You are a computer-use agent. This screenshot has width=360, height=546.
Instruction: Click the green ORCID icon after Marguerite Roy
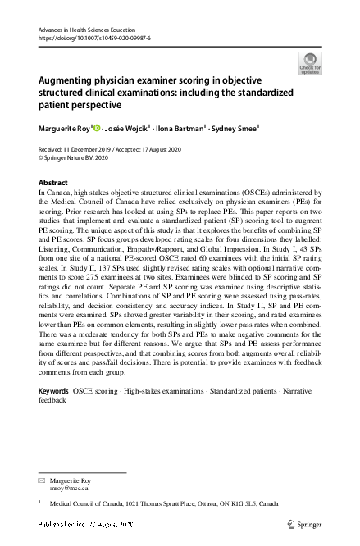(x=96, y=128)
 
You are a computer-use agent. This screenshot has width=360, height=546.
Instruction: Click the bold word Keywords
(x=54, y=393)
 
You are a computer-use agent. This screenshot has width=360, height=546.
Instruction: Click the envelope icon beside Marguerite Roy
(x=43, y=478)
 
